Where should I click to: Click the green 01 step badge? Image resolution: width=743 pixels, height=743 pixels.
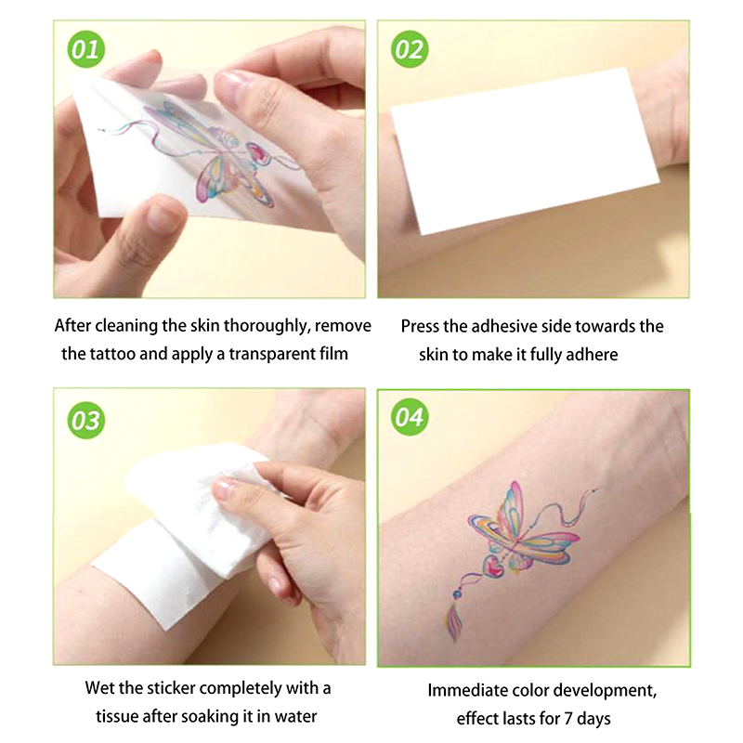(85, 49)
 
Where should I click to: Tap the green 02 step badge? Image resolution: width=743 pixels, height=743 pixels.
(410, 49)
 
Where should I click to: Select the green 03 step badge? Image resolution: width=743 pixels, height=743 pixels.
(85, 421)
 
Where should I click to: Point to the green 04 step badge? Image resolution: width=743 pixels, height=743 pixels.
(410, 417)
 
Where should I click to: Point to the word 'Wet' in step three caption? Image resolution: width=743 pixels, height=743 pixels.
(99, 688)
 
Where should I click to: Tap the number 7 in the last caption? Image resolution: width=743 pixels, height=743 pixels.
(568, 718)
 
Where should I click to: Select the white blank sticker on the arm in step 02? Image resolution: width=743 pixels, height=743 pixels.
(524, 150)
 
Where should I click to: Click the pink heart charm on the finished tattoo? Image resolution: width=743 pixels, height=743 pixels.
(493, 567)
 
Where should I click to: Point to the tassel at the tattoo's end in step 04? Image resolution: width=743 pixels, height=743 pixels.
(454, 624)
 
